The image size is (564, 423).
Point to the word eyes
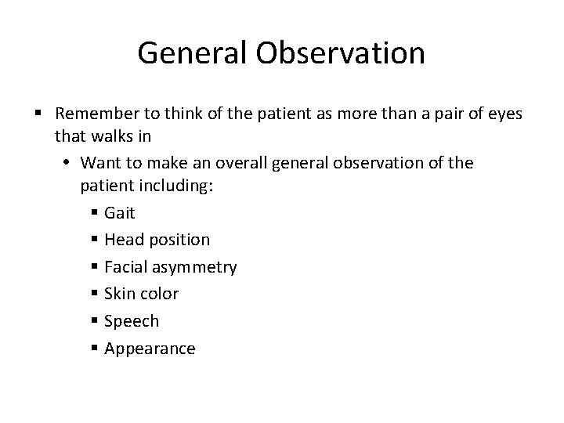pyautogui.click(x=502, y=114)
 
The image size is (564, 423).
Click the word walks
pyautogui.click(x=110, y=136)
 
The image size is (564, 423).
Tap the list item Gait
pyautogui.click(x=120, y=212)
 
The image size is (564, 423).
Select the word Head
pyautogui.click(x=124, y=239)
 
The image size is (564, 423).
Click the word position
pyautogui.click(x=179, y=240)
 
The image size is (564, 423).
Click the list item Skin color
pyautogui.click(x=141, y=294)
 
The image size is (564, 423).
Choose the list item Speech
pyautogui.click(x=131, y=321)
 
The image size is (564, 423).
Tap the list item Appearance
pyautogui.click(x=150, y=349)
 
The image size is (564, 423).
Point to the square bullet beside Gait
pyautogui.click(x=94, y=212)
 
